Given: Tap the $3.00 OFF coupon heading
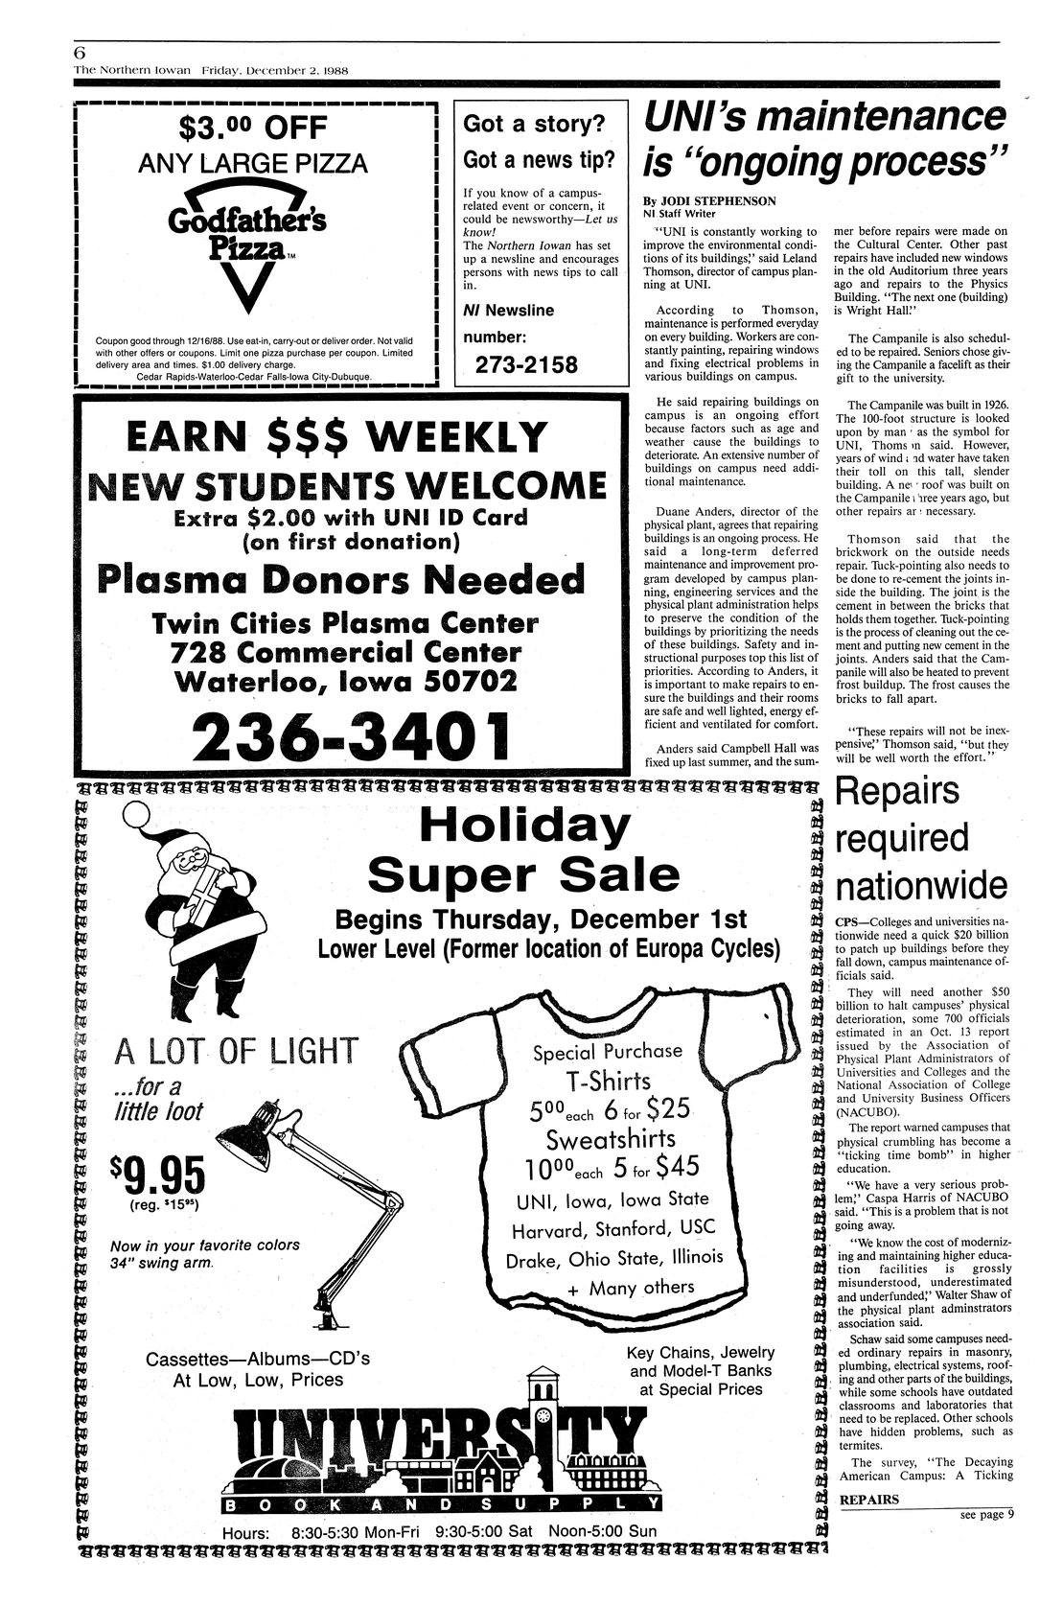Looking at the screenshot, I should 253,128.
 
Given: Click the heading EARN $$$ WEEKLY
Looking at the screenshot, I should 348,440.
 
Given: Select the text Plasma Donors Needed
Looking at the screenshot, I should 341,579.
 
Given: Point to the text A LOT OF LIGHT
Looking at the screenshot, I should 235,1052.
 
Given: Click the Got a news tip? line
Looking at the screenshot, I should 540,158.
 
